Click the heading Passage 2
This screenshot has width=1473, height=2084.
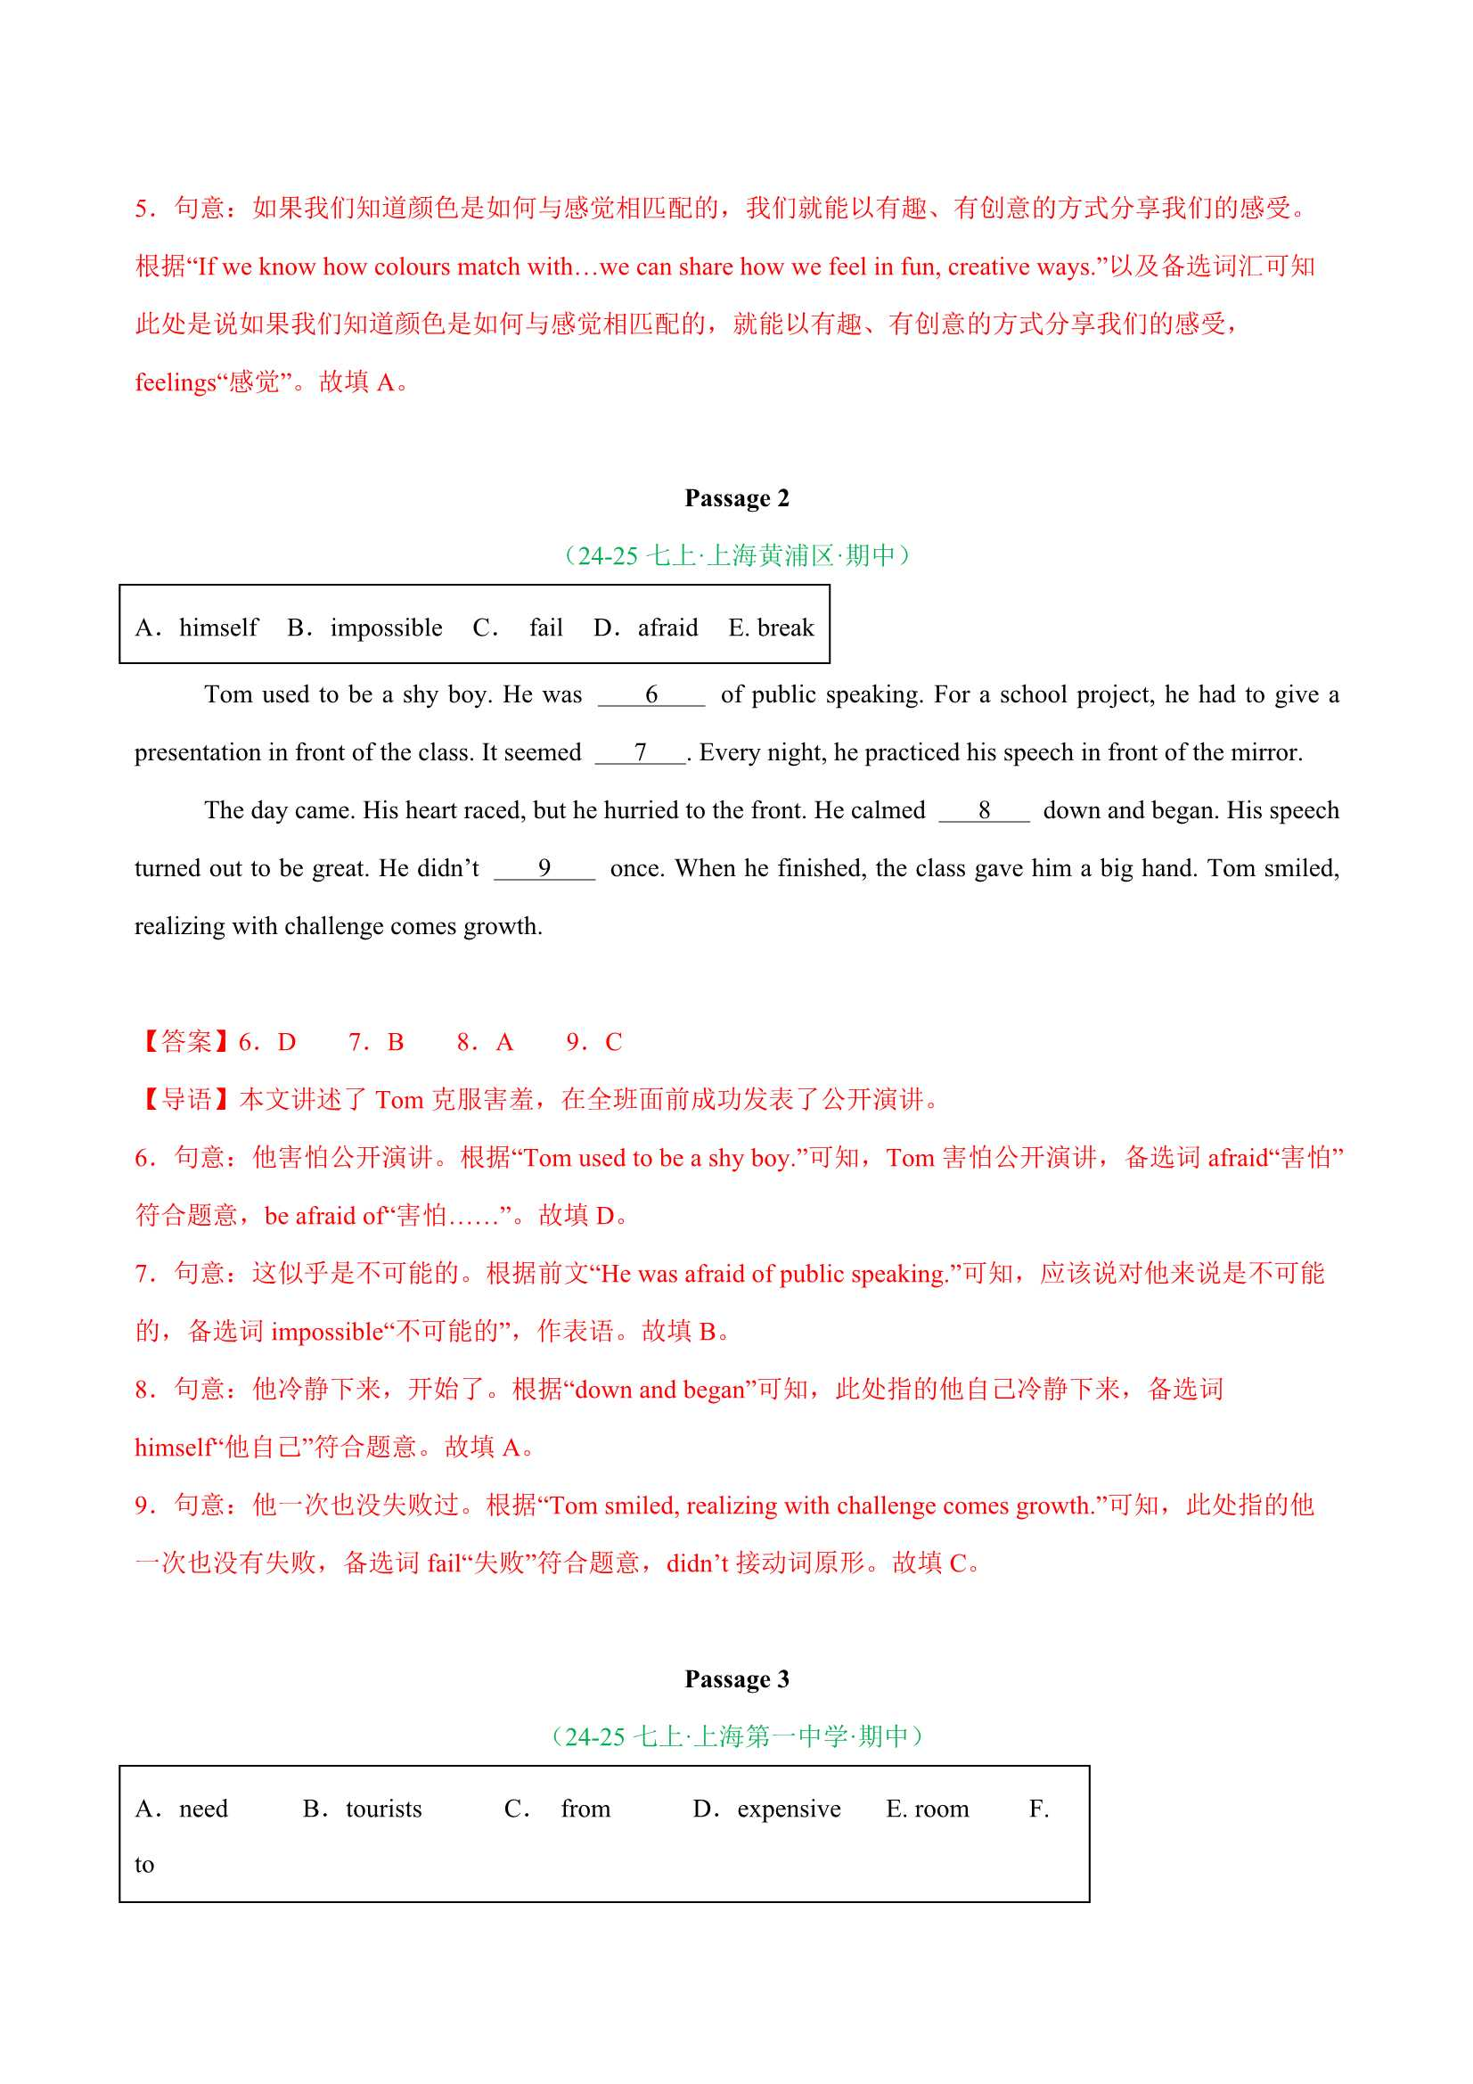[736, 498]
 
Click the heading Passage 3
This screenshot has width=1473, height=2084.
[736, 1679]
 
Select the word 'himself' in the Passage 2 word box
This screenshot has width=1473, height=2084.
[217, 628]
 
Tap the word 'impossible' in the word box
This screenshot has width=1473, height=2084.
[386, 628]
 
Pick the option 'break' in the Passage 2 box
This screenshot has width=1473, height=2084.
[785, 628]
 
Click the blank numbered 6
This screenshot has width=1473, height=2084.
[651, 695]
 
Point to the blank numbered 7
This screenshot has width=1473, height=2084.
[640, 753]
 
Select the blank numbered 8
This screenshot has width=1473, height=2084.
[984, 811]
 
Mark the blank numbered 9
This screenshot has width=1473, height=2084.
[544, 869]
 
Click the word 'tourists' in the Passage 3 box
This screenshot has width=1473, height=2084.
[384, 1809]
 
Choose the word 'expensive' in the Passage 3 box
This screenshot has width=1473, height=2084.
[789, 1809]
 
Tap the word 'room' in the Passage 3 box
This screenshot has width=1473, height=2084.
[941, 1809]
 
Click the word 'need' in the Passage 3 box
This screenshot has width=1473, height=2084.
[203, 1809]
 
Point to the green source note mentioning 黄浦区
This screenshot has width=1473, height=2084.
[736, 555]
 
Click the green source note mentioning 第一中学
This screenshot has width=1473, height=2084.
[736, 1736]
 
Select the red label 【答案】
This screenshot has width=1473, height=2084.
[185, 1042]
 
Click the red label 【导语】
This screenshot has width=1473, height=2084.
[185, 1100]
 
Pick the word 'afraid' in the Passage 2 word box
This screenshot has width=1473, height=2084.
[667, 628]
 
